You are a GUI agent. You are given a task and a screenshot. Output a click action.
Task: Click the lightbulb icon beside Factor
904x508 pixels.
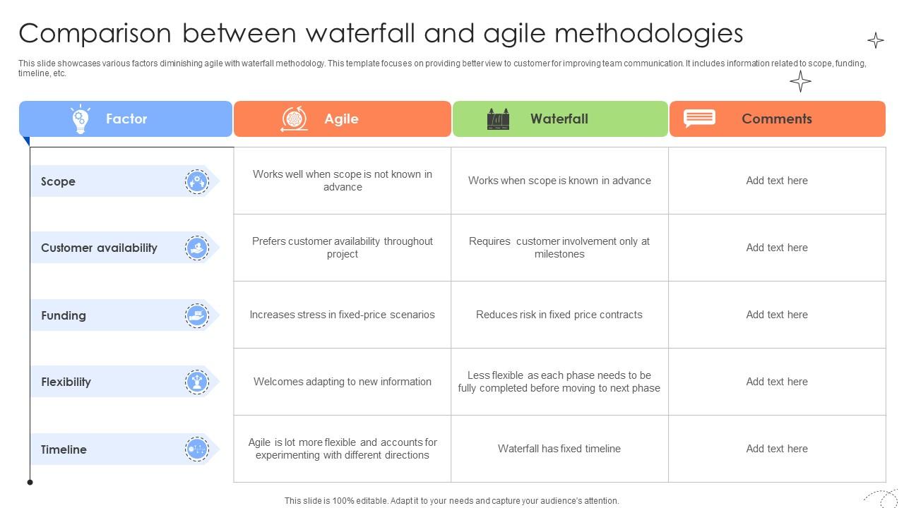80,119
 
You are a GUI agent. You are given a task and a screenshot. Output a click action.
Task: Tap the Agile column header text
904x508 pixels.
341,119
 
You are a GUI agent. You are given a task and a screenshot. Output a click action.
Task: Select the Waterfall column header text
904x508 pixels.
559,119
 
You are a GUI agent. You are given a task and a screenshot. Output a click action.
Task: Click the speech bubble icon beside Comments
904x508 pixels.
699,118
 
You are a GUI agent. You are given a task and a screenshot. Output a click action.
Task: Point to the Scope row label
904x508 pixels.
58,181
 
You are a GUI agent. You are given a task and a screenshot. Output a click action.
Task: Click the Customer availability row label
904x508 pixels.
99,248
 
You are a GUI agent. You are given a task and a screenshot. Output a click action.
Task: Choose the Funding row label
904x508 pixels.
64,315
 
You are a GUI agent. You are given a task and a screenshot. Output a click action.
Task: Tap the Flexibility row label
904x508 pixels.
66,382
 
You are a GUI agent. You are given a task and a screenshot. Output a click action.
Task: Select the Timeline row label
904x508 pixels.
64,449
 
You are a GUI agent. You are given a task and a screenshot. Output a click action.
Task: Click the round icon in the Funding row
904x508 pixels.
197,315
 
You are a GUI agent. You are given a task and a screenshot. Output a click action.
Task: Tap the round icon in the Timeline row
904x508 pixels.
197,449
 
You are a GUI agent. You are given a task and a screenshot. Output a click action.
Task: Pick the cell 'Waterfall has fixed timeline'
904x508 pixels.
559,449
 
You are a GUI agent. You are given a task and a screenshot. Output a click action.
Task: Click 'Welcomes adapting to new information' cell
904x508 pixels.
343,382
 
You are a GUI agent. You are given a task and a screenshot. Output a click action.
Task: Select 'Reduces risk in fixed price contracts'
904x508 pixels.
559,315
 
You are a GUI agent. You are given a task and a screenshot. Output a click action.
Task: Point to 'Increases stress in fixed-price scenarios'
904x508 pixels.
343,315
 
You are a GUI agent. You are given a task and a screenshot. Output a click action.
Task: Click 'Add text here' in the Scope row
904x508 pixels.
777,181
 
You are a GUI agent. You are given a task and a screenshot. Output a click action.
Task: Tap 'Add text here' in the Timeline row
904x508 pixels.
777,449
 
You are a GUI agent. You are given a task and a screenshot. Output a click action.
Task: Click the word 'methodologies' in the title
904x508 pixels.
648,33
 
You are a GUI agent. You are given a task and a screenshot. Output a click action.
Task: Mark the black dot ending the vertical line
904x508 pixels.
30,483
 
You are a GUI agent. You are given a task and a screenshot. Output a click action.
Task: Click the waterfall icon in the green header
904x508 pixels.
498,119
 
